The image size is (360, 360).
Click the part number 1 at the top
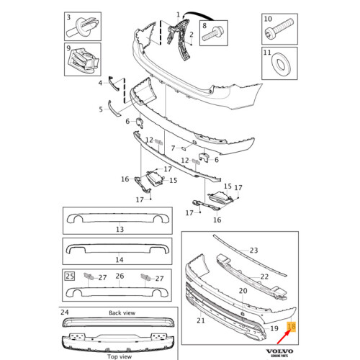179,14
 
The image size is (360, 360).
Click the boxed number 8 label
204,25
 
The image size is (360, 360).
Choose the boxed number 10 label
266,17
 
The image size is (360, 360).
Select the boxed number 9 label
68,50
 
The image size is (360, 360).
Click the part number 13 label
120,229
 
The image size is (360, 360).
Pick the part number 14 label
120,259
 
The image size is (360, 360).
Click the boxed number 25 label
69,276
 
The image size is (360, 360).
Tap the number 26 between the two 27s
120,276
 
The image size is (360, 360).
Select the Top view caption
119,356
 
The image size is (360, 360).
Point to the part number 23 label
253,251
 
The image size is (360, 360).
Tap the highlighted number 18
292,326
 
